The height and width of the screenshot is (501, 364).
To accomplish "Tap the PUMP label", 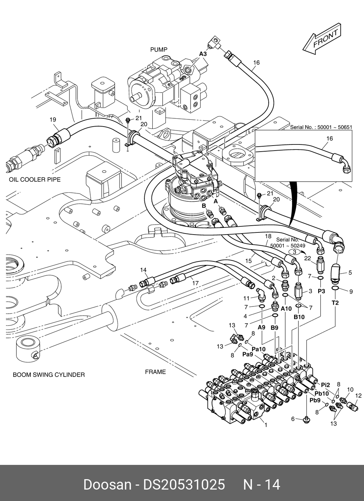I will point(159,50).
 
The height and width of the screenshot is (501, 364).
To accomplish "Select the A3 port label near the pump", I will point(203,54).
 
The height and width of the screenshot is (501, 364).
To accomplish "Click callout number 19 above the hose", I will point(53,119).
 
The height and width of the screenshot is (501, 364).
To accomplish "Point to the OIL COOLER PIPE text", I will point(35,180).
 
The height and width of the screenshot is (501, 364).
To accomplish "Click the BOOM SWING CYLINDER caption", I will point(49,375).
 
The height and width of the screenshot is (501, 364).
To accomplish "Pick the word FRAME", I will point(155,372).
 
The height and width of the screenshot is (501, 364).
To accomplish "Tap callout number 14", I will point(143,270).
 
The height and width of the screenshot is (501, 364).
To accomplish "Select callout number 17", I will point(195,283).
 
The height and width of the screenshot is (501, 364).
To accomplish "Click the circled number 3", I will point(294,252).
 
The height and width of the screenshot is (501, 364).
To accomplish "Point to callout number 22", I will point(307,259).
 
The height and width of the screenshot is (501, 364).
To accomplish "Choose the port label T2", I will point(335,303).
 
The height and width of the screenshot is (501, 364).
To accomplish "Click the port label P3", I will point(322,291).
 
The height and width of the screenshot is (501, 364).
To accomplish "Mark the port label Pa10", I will point(258,349).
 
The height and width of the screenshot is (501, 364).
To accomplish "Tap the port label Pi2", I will point(325,385).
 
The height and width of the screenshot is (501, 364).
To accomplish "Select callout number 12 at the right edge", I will point(358,396).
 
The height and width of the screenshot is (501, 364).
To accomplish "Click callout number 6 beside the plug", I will point(293,419).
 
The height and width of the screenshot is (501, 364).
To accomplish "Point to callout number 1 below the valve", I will point(265,425).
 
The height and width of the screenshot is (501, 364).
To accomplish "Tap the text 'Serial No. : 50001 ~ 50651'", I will point(321,127).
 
